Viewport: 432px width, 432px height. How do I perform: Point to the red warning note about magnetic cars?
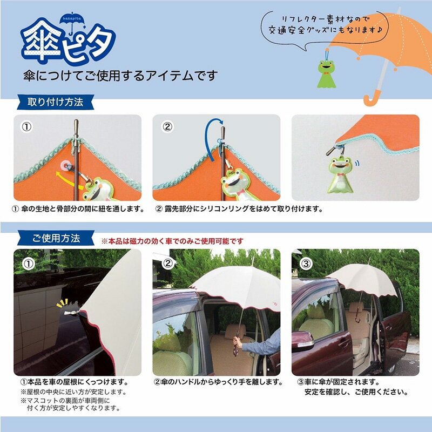pos(172,241)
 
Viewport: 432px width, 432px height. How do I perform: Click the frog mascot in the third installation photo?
pos(339,172)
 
